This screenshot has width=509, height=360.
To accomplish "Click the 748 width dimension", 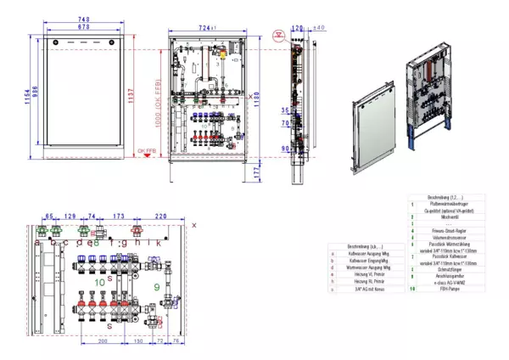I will pos(83,20).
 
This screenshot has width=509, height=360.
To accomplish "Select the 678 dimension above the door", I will pos(83,28).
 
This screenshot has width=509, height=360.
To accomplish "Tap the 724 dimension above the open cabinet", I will pos(207,28).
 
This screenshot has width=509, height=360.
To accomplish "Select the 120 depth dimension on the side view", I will pos(298,27).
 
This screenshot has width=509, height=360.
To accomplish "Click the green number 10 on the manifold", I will pos(100,281).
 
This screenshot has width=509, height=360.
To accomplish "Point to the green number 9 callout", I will pos(157,287).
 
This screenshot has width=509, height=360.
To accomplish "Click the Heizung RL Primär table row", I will pos(366,283).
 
